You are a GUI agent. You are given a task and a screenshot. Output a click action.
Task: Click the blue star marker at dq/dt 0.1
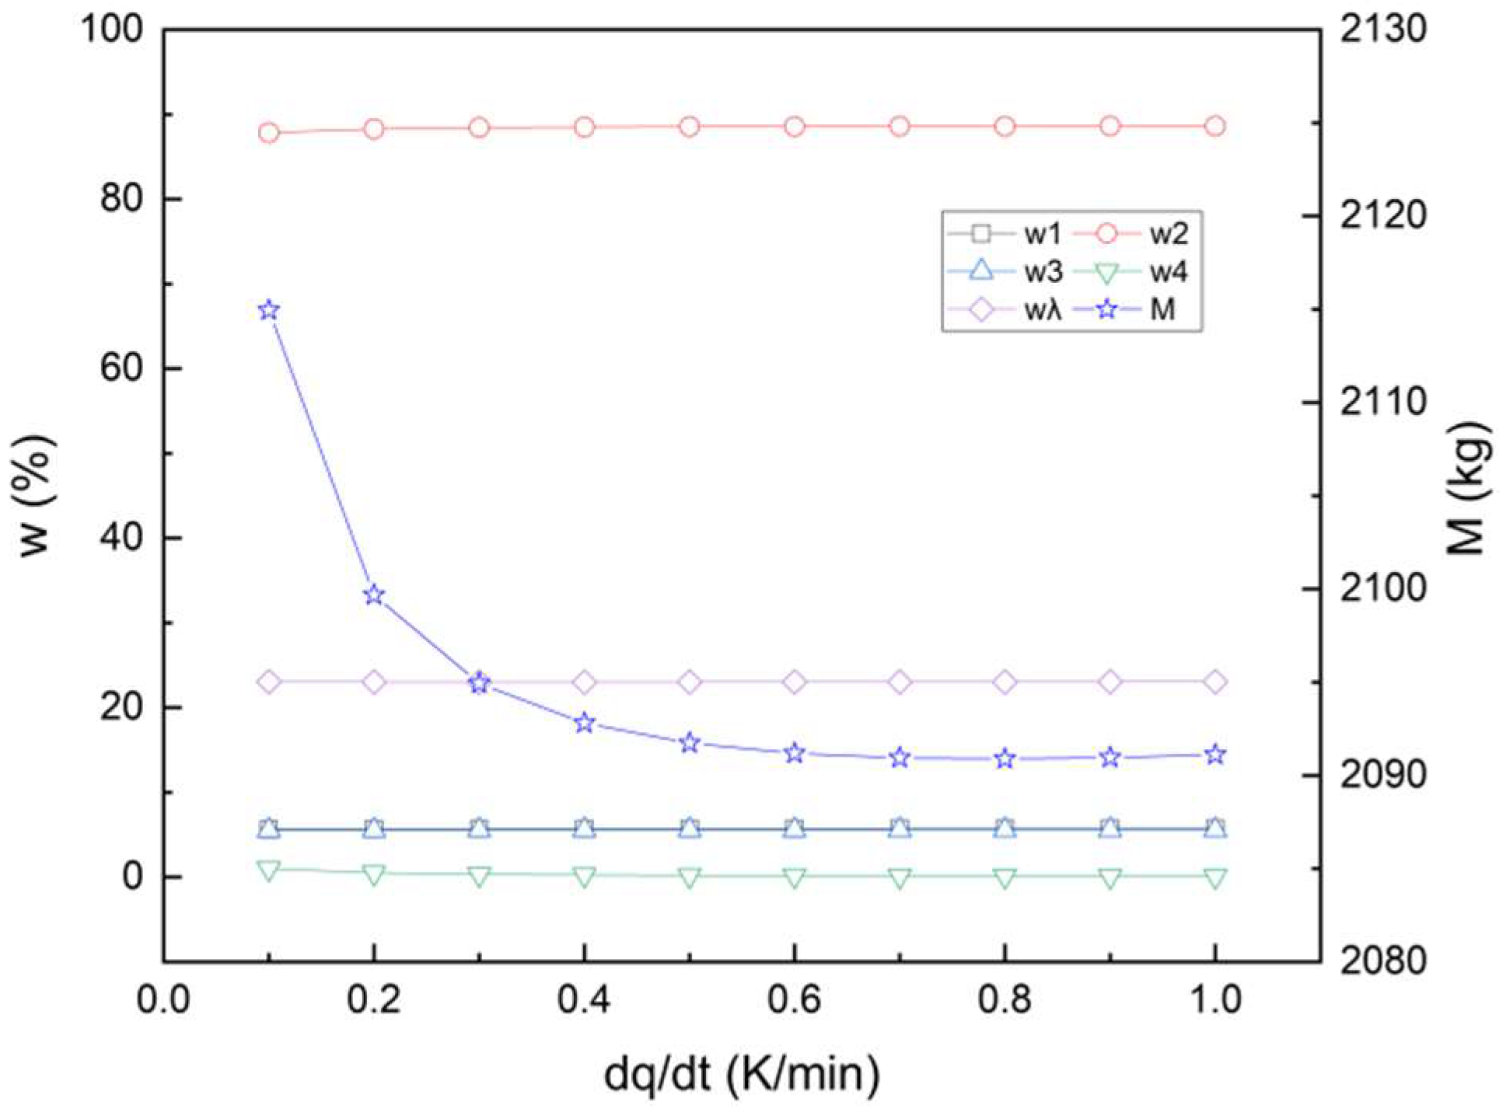(269, 311)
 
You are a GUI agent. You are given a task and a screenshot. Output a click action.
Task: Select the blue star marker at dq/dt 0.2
(374, 595)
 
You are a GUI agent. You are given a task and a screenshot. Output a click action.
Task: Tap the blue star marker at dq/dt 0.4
(585, 723)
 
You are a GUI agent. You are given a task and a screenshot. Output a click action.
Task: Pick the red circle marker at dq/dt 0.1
(269, 133)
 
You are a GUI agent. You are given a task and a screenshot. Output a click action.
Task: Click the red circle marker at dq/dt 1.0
(1215, 126)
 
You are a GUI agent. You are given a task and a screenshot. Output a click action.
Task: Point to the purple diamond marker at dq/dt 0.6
(795, 682)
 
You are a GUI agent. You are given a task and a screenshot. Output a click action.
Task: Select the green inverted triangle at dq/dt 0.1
(269, 870)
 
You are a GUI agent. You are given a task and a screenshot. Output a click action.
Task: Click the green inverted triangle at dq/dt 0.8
(1005, 879)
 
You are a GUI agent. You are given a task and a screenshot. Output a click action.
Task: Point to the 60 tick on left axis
(122, 368)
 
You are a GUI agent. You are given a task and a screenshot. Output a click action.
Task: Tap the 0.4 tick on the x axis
(585, 1000)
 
